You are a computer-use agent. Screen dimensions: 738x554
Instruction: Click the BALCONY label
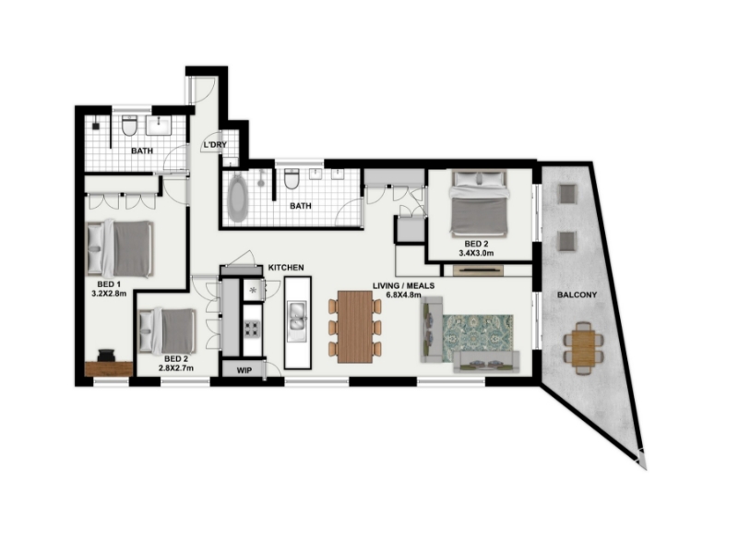tap(577, 295)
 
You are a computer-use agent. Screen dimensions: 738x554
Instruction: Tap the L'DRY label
tap(215, 145)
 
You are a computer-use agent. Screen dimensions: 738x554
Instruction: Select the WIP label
tap(244, 370)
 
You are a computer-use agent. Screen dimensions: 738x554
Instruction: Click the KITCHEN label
tap(286, 268)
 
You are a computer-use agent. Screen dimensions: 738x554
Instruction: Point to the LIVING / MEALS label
tap(403, 286)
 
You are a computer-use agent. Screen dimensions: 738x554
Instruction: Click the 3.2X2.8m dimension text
tap(109, 294)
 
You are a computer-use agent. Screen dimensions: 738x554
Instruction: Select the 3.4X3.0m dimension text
tap(476, 253)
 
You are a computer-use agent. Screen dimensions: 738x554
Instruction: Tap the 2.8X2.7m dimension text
tap(176, 367)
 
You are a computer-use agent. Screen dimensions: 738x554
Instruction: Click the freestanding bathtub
tap(237, 198)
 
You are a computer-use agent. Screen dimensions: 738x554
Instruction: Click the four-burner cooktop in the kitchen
tap(251, 329)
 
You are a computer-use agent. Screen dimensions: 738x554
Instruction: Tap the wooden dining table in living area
tap(355, 327)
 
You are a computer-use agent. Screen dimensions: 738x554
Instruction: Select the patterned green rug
tap(477, 338)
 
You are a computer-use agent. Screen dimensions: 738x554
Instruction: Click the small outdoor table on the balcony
tap(584, 348)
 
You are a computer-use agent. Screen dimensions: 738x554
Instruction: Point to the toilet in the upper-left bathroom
tap(129, 126)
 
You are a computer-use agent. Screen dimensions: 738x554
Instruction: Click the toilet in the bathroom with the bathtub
tap(292, 178)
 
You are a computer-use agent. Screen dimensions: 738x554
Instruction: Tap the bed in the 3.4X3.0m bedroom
tap(479, 202)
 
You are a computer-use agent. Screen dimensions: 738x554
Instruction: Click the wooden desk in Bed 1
tap(109, 368)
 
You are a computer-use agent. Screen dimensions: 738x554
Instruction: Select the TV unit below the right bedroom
tap(478, 271)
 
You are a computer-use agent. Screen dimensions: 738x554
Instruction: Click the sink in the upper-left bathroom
tap(159, 126)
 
